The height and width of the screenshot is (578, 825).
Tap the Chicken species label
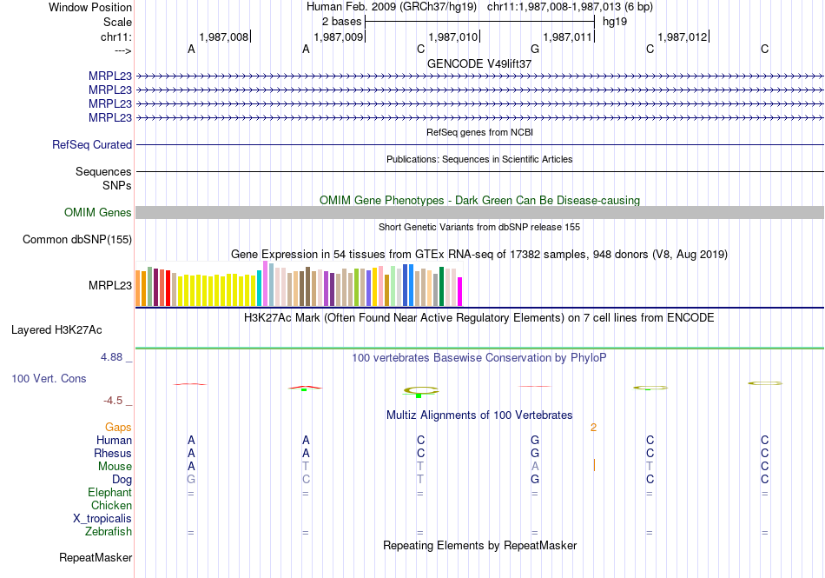tap(111, 505)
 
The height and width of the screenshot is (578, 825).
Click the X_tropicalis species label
tap(102, 518)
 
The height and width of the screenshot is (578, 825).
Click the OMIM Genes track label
tap(98, 212)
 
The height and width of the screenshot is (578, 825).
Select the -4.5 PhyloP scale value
tap(115, 401)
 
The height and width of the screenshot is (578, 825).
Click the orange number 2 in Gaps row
tap(594, 427)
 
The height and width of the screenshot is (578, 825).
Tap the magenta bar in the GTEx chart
tap(460, 291)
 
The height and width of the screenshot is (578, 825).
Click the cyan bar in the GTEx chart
tap(260, 289)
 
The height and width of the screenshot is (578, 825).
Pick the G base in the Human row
tap(535, 440)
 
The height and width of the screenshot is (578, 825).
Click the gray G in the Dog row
tap(191, 479)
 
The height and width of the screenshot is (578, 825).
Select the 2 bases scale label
tap(341, 19)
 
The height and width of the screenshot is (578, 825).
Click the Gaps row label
tap(118, 427)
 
